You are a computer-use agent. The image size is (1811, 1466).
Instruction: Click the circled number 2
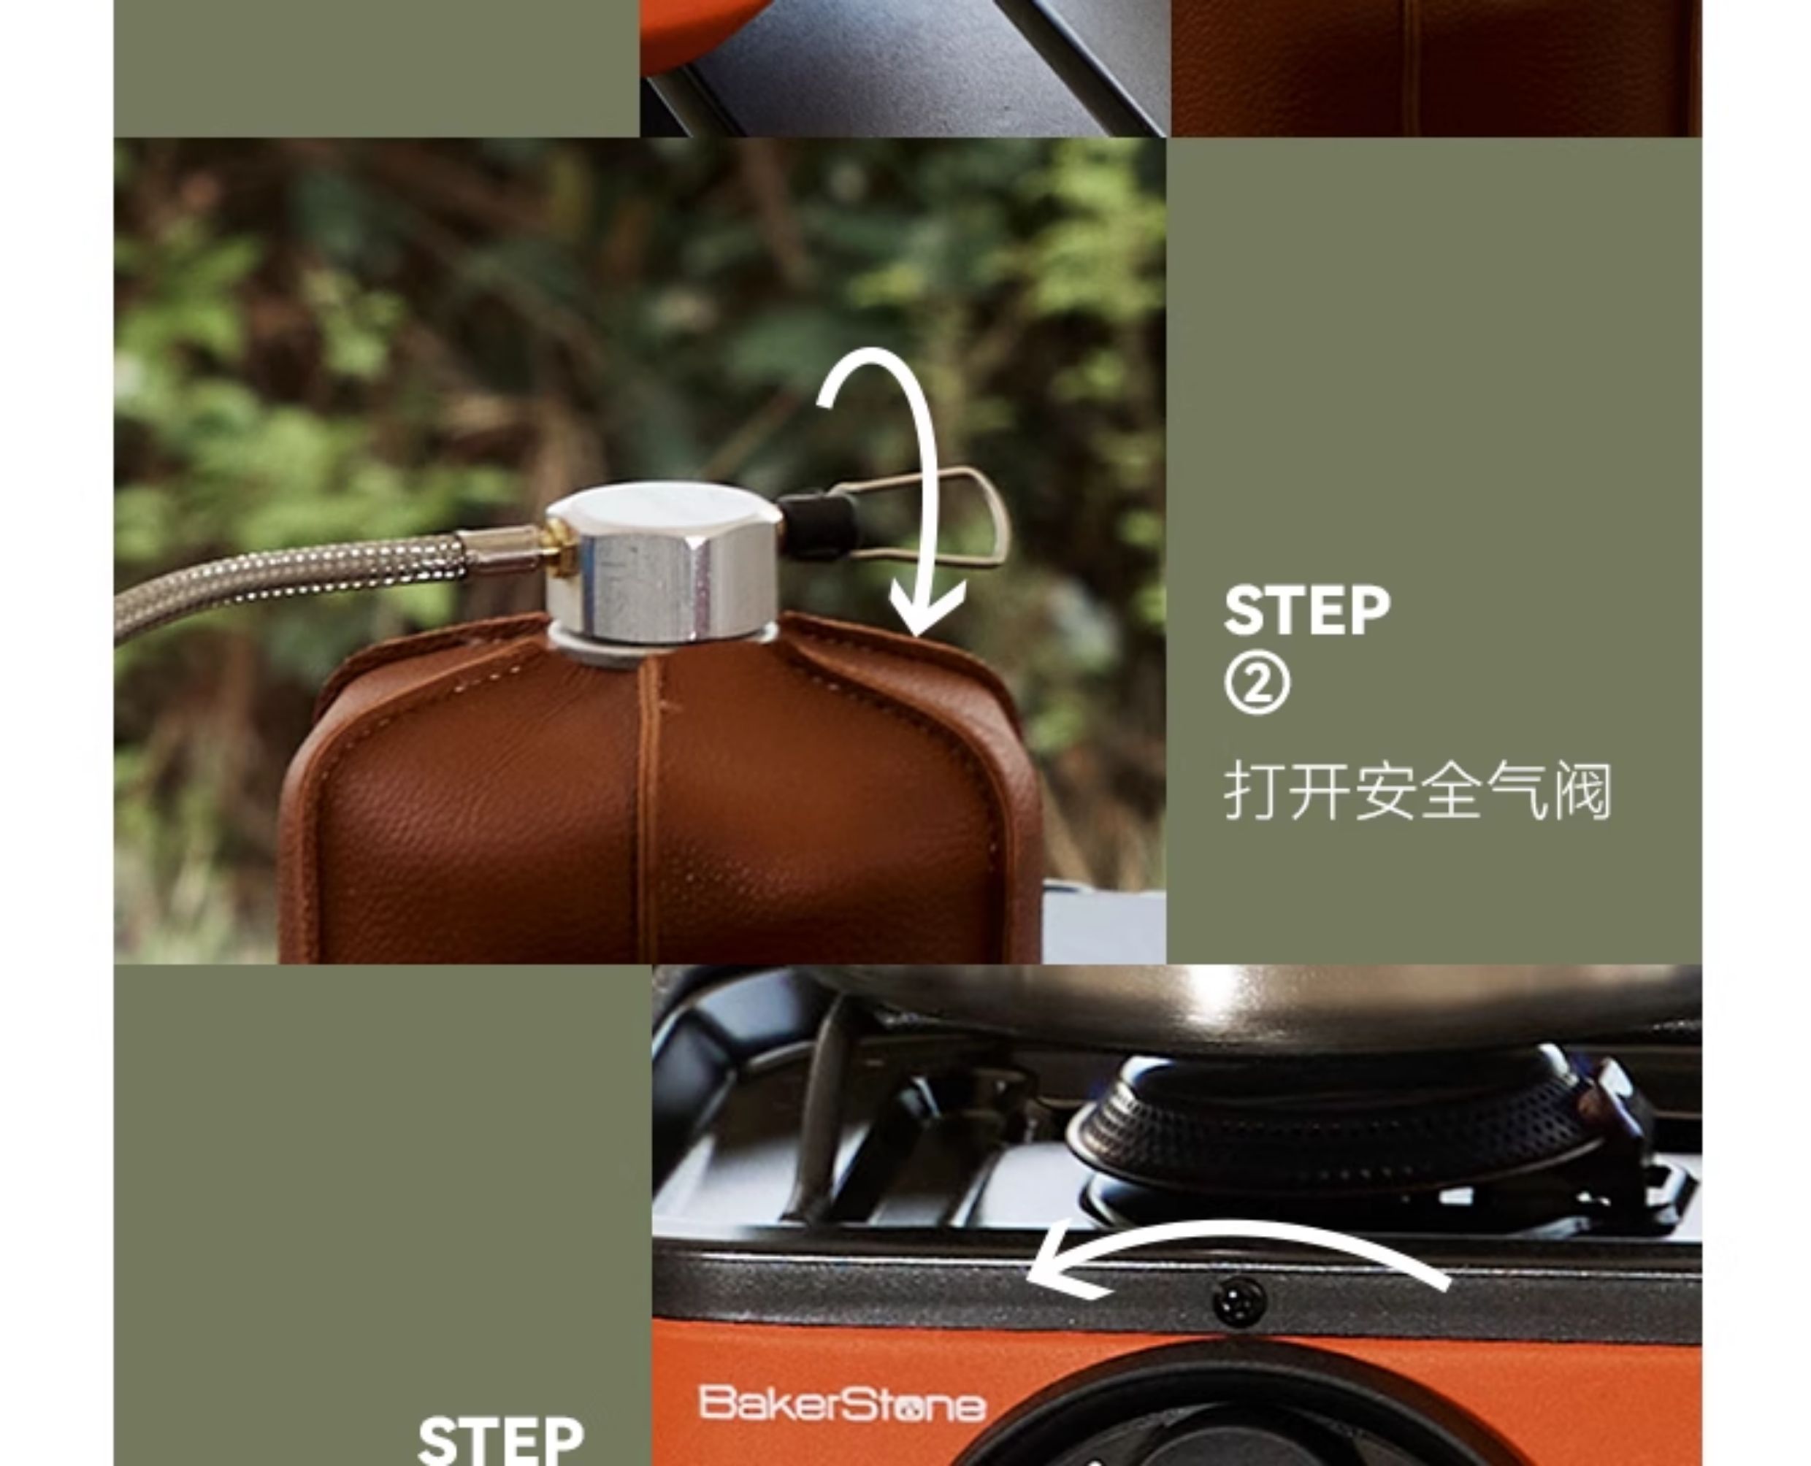pyautogui.click(x=1257, y=686)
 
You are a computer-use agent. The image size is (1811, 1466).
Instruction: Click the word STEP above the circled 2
pyautogui.click(x=1306, y=610)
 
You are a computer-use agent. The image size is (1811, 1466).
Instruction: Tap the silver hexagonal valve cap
pyautogui.click(x=663, y=561)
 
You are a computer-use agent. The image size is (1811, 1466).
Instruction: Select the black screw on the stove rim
pyautogui.click(x=1239, y=1303)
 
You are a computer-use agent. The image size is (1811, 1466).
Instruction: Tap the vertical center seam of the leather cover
pyautogui.click(x=648, y=807)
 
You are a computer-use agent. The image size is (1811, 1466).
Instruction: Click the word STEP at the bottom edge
pyautogui.click(x=501, y=1440)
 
